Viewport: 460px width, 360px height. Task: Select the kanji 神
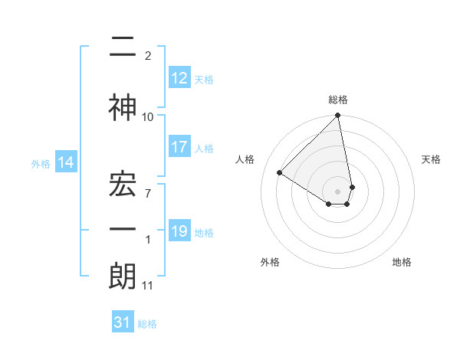[123, 108]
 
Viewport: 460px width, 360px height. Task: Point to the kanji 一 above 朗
[123, 228]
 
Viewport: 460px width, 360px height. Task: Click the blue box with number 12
[179, 78]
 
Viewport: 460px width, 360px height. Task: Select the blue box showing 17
[179, 148]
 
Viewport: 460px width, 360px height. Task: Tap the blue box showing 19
[179, 231]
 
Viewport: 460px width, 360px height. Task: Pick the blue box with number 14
[65, 162]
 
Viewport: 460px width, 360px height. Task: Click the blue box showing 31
[123, 322]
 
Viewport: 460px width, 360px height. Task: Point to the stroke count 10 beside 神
[148, 116]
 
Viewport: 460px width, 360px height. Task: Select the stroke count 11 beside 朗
[148, 286]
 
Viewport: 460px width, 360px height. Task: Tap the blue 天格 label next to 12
[204, 80]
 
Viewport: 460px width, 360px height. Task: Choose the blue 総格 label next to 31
[147, 324]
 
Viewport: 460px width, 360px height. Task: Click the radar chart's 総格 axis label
[338, 100]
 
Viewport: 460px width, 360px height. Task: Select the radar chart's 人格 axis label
[245, 159]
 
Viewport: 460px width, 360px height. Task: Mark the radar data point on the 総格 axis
[338, 116]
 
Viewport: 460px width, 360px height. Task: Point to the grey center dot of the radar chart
[338, 190]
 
